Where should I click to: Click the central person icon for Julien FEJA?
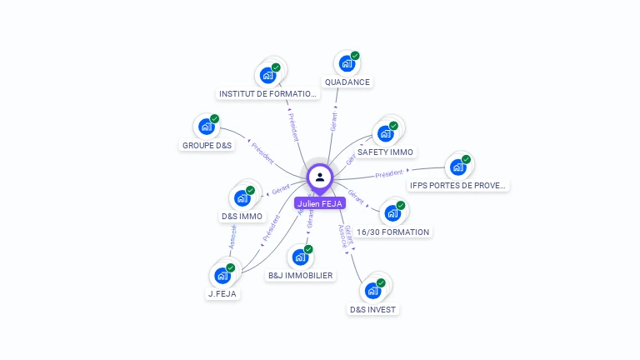[320, 177]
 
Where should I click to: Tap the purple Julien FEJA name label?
[320, 203]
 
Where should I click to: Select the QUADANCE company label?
[347, 82]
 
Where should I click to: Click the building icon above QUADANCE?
[346, 63]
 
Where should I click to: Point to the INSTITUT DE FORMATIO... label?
[267, 94]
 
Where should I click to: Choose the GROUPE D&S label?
[207, 145]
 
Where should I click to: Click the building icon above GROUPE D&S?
[205, 127]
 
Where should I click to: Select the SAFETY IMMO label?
[385, 152]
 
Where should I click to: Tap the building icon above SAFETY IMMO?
[385, 132]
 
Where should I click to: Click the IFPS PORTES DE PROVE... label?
[458, 185]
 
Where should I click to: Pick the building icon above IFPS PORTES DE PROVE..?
[457, 167]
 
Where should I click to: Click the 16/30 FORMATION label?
[392, 232]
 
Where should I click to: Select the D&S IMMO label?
[242, 217]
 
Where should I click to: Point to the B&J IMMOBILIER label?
[300, 275]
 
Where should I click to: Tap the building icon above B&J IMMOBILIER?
[299, 257]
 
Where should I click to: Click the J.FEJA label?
[222, 293]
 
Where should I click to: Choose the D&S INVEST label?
[373, 309]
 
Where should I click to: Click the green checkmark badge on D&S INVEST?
[381, 283]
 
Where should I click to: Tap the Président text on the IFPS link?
[389, 174]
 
